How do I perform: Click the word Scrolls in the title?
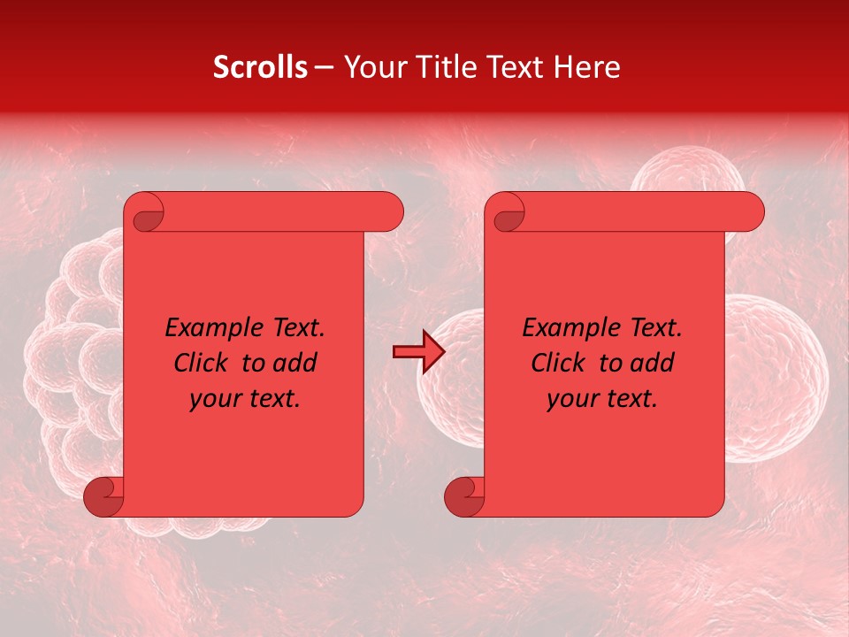point(260,67)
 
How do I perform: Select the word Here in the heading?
point(586,67)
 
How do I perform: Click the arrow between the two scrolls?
point(418,352)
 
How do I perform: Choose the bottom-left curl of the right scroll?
point(464,496)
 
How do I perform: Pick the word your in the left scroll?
point(214,399)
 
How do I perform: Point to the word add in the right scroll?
point(652,363)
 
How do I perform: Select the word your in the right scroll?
point(571,399)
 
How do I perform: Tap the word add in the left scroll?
point(294,363)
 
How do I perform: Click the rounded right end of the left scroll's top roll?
point(389,212)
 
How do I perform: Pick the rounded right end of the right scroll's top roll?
point(750,212)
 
